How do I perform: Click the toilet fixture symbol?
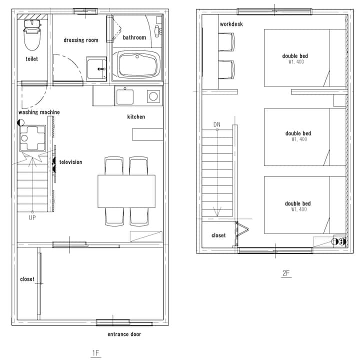tap(32, 34)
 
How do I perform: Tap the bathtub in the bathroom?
tap(138, 64)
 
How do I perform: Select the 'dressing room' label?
tap(81, 40)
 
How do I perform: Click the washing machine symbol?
tap(32, 138)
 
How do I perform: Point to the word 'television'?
tap(71, 162)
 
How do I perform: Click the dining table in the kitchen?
tap(126, 191)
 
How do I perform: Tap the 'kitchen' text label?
tap(136, 116)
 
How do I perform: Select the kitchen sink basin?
tap(125, 97)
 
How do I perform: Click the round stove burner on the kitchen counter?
tap(153, 96)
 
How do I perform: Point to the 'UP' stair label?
tap(32, 217)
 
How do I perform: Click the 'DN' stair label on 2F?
tap(217, 124)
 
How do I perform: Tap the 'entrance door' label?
tap(124, 334)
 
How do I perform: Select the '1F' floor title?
tap(95, 353)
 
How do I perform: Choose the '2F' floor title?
tap(286, 273)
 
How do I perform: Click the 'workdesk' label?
tap(231, 24)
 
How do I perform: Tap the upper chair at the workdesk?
tap(226, 42)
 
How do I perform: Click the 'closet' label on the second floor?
tap(218, 235)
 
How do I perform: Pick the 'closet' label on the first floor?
tap(27, 279)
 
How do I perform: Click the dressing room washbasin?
tap(96, 69)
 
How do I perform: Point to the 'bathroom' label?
tap(134, 37)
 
